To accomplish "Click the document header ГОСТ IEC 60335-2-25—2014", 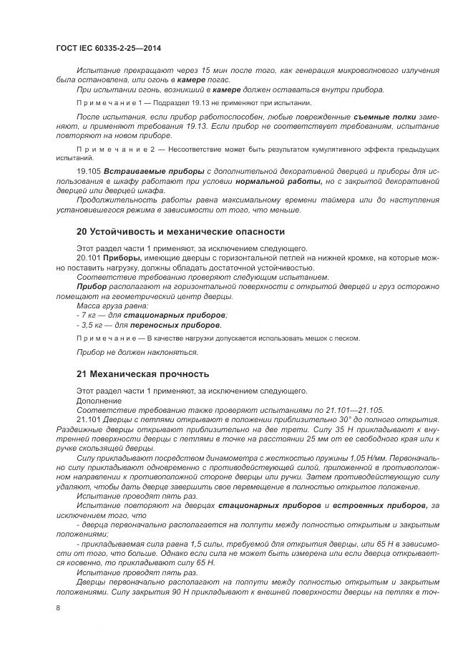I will [x=108, y=48].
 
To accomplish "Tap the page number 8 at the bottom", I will [x=58, y=608].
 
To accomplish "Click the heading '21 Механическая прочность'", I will [x=142, y=373].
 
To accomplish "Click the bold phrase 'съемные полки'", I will [x=389, y=115].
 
